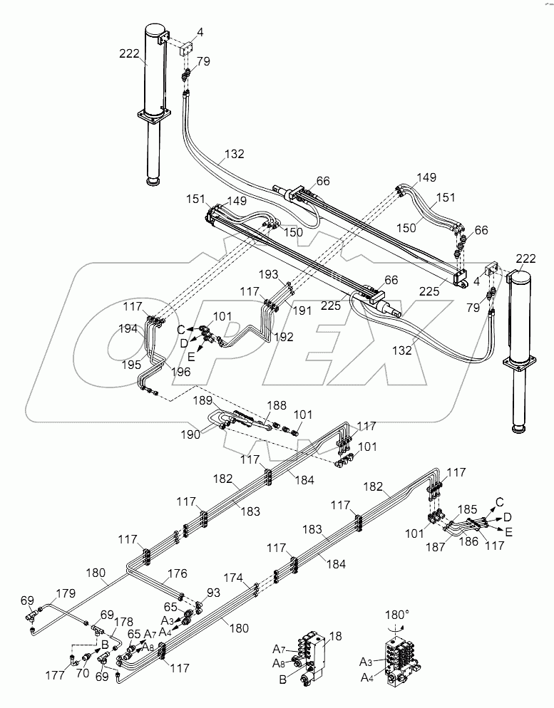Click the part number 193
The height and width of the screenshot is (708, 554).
tap(270, 275)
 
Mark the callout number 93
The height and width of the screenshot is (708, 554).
tap(212, 592)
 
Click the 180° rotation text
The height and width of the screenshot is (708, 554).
tap(397, 614)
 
